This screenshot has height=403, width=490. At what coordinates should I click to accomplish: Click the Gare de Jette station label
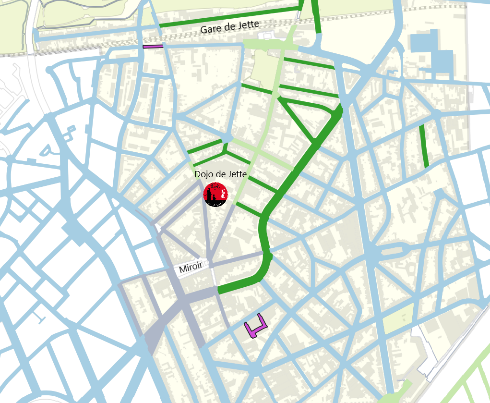pos(229,27)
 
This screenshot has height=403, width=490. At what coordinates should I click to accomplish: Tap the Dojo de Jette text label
pos(220,174)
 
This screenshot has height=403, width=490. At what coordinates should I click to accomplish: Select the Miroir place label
pos(191,268)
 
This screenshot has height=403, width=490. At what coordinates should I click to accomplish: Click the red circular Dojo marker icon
pos(215,194)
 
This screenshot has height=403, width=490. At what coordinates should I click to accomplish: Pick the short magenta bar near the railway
pos(153,47)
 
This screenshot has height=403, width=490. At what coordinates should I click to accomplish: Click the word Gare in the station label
pos(210,29)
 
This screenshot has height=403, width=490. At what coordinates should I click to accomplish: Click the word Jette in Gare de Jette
pos(249,24)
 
